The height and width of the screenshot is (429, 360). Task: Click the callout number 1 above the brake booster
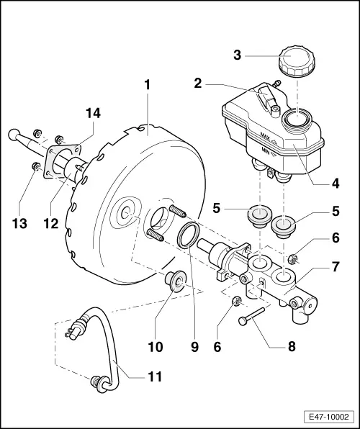pyautogui.click(x=147, y=84)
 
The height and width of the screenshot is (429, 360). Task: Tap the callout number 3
pyautogui.click(x=238, y=54)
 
